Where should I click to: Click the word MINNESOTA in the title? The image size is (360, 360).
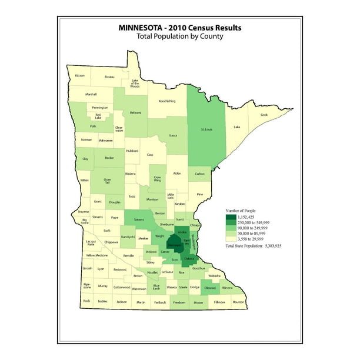(144, 27)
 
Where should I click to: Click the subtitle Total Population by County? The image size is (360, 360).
(179, 36)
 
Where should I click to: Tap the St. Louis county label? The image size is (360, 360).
(206, 128)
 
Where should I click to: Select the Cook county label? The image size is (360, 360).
(265, 115)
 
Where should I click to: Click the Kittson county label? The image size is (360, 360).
(80, 76)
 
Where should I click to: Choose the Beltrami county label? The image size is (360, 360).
(136, 112)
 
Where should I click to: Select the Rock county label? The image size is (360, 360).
(86, 302)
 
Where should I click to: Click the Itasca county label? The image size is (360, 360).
(173, 136)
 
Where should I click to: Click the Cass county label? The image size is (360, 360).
(150, 155)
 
